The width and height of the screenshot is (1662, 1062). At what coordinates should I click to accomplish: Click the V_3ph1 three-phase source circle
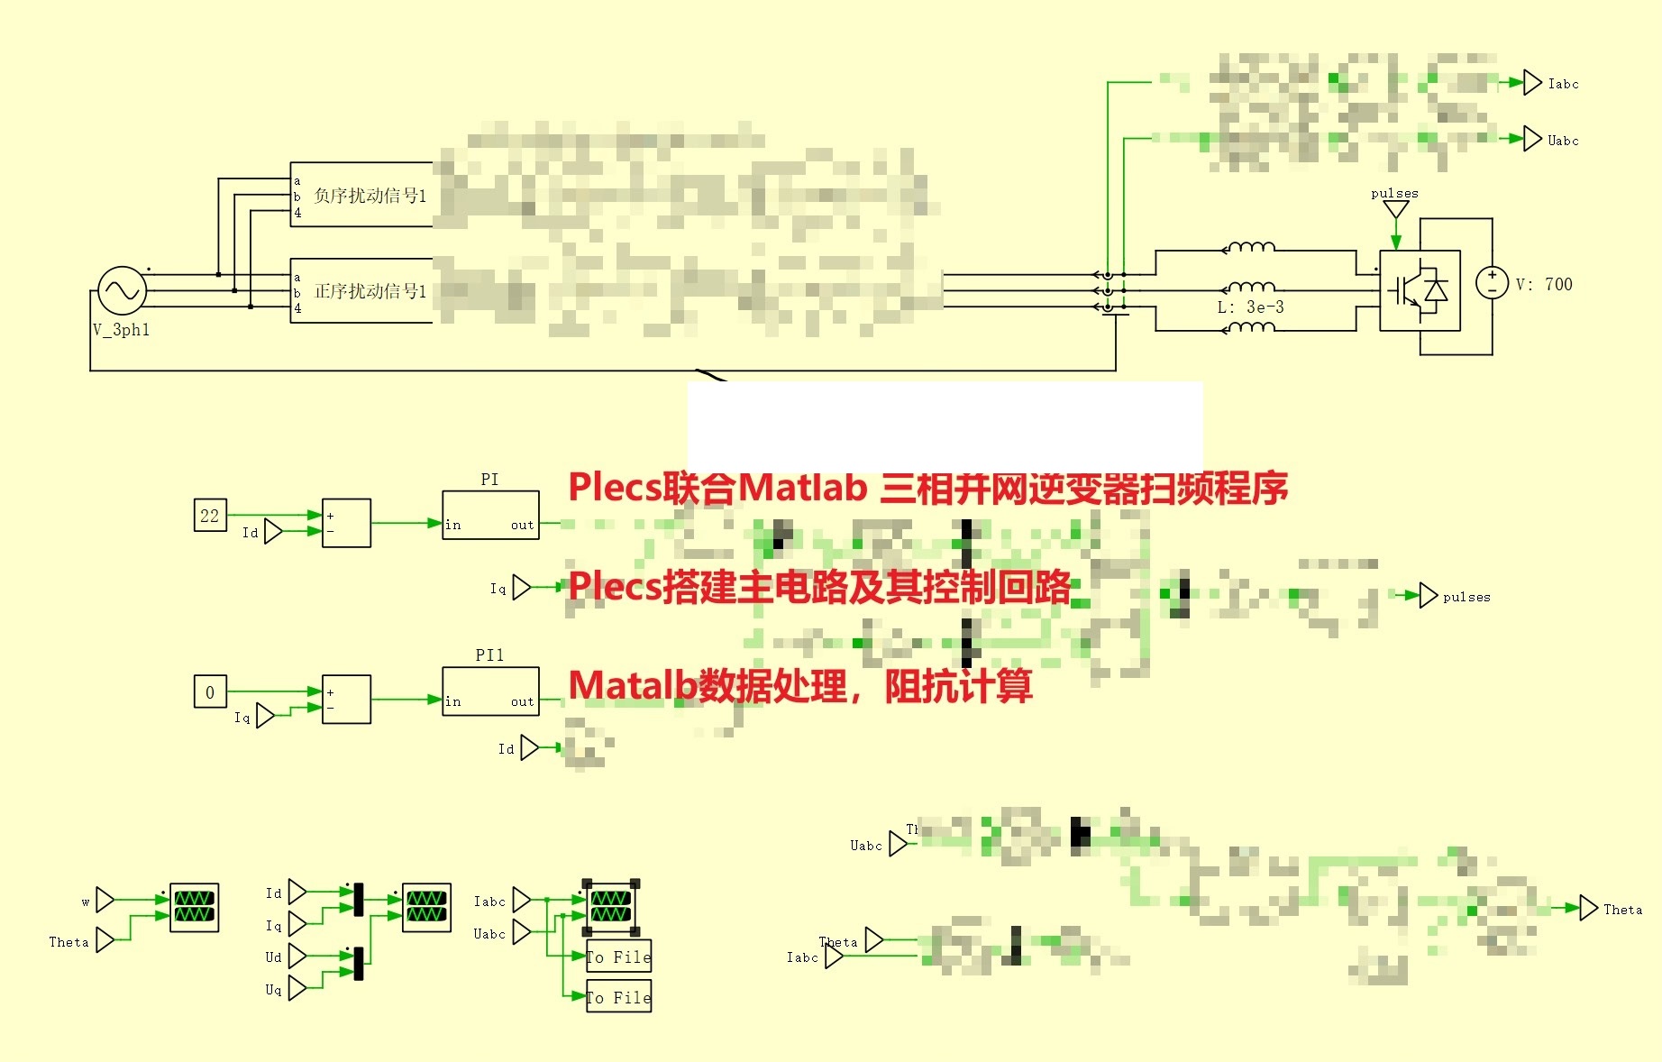[122, 290]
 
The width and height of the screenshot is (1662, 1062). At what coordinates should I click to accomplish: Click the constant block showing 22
[210, 516]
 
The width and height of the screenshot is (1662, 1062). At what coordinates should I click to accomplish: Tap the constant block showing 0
[210, 692]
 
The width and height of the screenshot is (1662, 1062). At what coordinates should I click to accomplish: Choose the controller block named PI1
[490, 691]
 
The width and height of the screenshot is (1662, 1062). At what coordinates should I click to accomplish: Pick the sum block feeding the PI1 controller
[346, 700]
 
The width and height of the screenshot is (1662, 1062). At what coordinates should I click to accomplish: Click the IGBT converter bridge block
[1420, 290]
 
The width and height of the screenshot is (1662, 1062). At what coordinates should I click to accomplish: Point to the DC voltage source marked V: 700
[1492, 283]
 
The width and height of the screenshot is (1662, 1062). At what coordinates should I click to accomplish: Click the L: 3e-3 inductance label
[1250, 307]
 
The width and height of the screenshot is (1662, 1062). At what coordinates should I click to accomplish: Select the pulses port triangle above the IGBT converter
[1395, 210]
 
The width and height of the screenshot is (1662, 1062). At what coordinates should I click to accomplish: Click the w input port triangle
[105, 900]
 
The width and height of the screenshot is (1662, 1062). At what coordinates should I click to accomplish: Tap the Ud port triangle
[297, 957]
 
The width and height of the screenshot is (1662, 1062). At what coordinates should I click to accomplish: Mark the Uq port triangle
[297, 989]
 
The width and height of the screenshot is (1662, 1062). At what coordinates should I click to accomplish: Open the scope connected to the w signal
[194, 907]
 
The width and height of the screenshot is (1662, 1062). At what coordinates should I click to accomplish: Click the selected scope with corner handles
[610, 907]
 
